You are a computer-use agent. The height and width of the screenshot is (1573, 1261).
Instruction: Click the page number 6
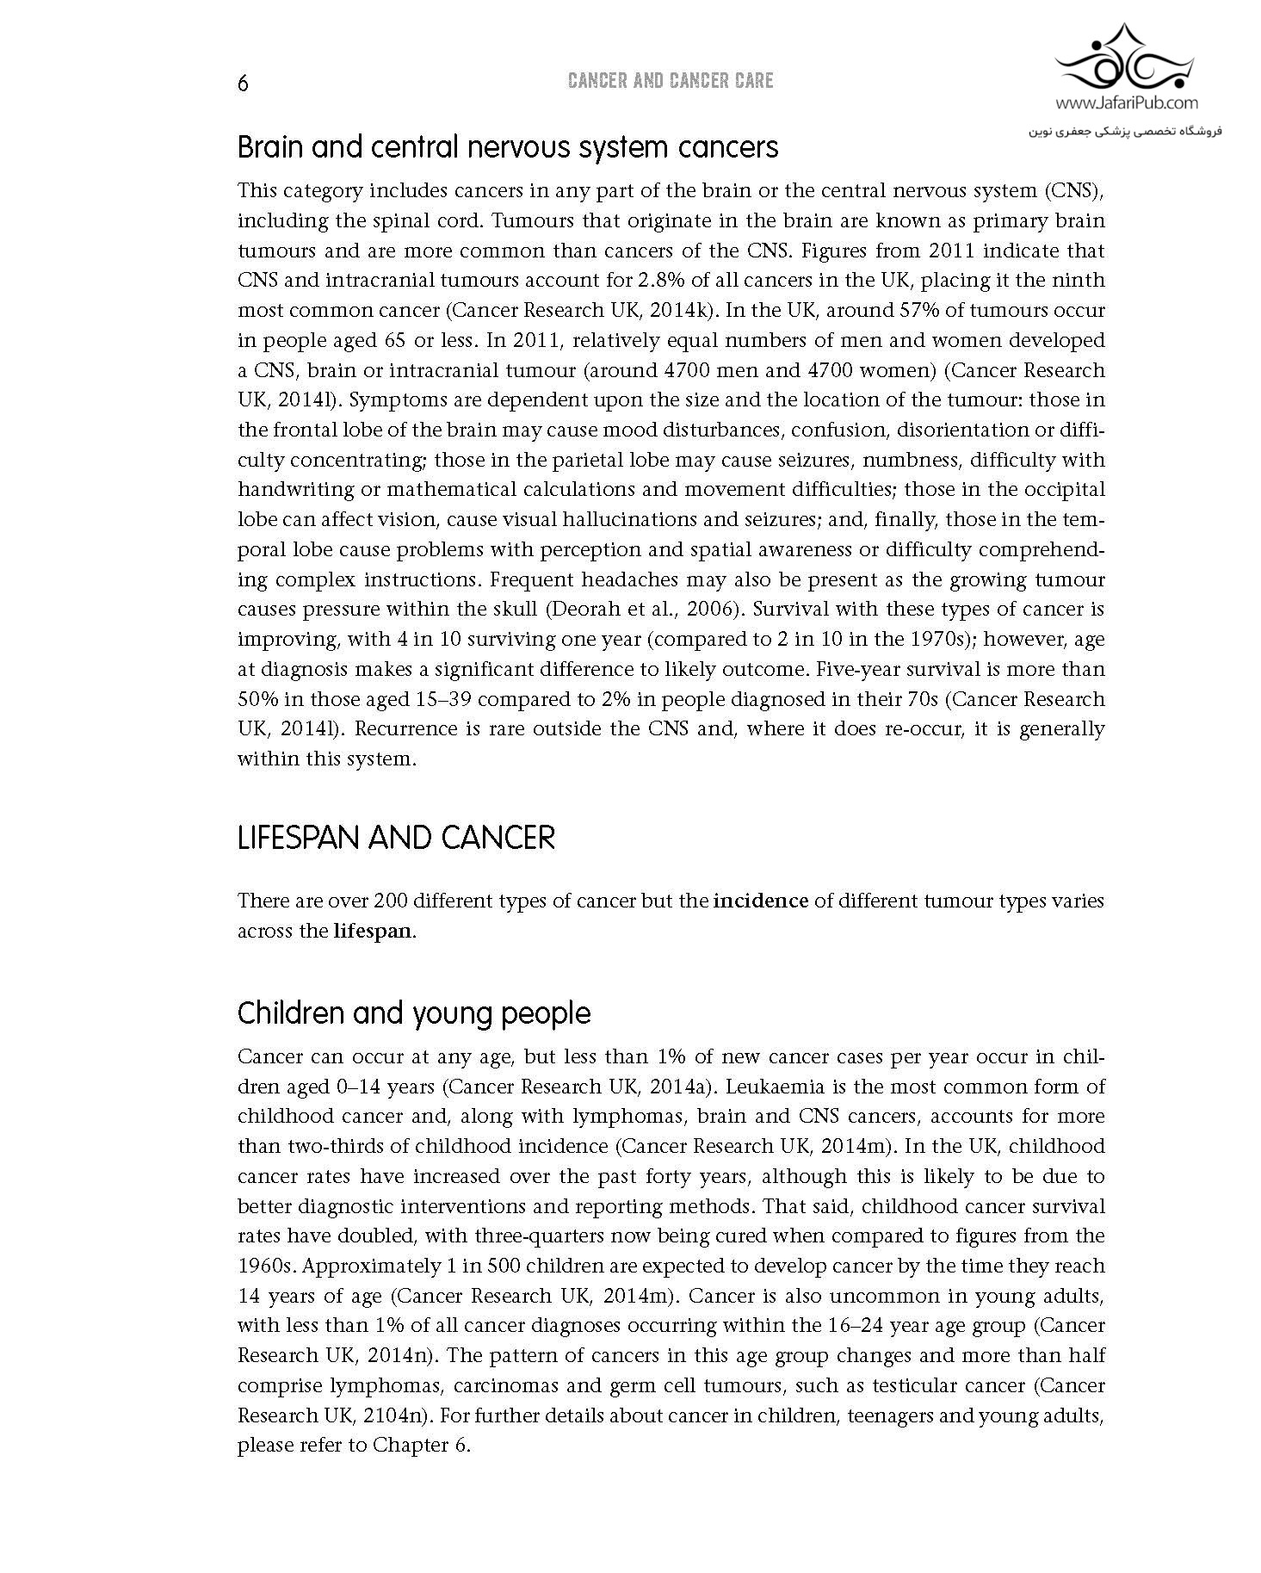pos(243,84)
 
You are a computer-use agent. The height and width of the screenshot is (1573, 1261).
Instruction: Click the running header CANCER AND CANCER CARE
pos(671,81)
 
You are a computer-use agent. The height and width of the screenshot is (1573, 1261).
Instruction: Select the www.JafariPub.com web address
pos(1127,103)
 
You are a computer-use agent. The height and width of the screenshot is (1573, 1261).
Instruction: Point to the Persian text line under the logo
pos(1126,132)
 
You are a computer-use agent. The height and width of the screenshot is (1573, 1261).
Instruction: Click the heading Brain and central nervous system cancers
pos(508,147)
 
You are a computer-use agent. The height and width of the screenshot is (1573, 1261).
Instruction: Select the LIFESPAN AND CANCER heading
pos(396,838)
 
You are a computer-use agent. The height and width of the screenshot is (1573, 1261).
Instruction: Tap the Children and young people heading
pos(414,1013)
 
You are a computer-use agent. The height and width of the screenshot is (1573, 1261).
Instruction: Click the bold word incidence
pos(761,901)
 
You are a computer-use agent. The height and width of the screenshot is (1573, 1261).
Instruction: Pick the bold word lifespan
pos(373,932)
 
